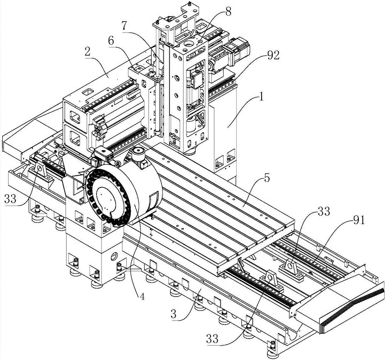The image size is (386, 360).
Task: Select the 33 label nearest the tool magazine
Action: pyautogui.click(x=10, y=199)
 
